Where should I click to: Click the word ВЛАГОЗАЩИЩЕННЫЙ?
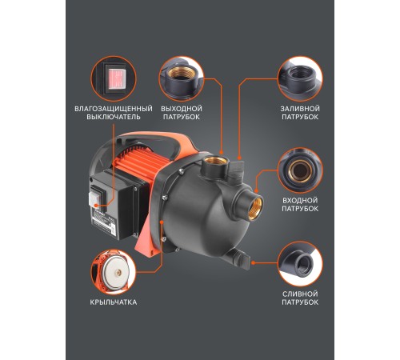[114, 109]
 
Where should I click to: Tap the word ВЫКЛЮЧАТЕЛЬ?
[114, 117]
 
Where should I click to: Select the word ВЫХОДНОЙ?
[182, 109]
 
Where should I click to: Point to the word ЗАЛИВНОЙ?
[300, 109]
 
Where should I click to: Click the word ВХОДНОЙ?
[300, 201]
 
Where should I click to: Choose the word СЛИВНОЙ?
[300, 294]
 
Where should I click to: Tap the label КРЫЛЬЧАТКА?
[114, 302]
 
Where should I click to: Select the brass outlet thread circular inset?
[182, 79]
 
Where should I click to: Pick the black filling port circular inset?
[300, 79]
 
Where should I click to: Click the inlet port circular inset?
[300, 170]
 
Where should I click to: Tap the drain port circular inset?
[300, 264]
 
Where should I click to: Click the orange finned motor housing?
[138, 163]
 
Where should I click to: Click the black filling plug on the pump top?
[237, 170]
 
